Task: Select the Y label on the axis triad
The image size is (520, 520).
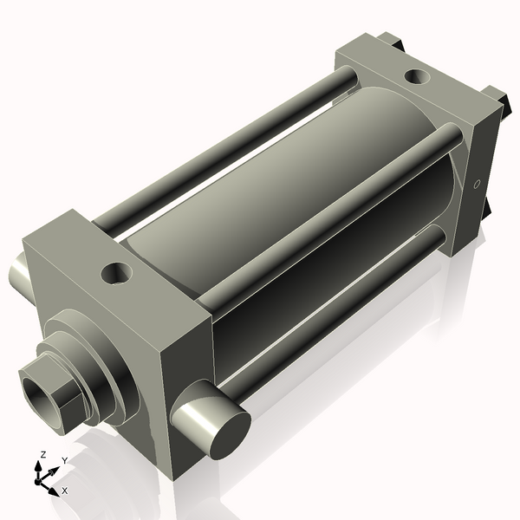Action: pos(63,460)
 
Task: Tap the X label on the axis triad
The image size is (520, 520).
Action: pos(64,491)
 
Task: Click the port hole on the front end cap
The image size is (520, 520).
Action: pos(115,275)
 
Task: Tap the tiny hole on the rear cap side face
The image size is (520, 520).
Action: pos(476,184)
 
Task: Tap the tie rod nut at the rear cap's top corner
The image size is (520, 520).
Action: pos(390,39)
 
